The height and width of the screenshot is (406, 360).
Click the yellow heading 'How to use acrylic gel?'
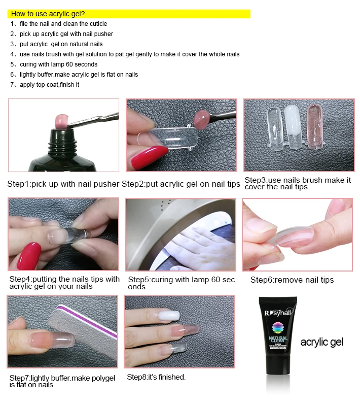pos(48,14)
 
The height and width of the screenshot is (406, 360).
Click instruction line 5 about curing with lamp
pos(58,64)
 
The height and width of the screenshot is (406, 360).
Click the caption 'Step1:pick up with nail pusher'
pos(63,184)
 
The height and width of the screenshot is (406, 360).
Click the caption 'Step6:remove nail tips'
pos(292,280)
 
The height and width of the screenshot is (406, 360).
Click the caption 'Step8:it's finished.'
pos(156,377)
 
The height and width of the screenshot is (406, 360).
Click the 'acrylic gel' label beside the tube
pos(321,342)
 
